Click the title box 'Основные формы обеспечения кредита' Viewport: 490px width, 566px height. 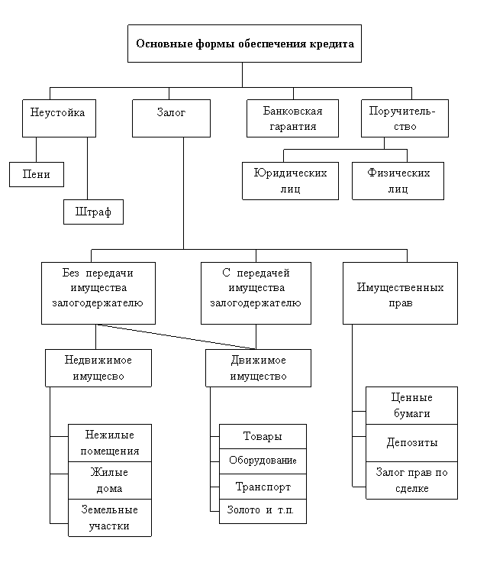tap(244, 44)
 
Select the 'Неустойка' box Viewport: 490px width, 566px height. tap(59, 118)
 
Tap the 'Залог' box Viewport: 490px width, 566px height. tap(171, 118)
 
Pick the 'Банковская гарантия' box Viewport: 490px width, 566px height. tap(292, 118)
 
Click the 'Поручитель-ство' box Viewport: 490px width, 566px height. tap(404, 118)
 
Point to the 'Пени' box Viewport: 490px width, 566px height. tap(37, 175)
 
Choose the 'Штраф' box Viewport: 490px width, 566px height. tap(93, 212)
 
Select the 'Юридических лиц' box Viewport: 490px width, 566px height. tap(290, 181)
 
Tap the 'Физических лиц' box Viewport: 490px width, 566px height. tap(398, 181)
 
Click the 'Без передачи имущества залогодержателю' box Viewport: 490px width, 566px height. tap(98, 293)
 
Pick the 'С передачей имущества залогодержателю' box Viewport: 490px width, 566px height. tap(256, 293)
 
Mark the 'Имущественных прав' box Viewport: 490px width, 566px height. tap(400, 293)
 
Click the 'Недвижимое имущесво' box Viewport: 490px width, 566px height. tap(98, 368)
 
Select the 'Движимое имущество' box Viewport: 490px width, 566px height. tap(258, 368)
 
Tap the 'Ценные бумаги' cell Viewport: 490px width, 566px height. tap(411, 406)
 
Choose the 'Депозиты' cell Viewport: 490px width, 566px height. tap(411, 443)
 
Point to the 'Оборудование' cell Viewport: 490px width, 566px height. tap(263, 461)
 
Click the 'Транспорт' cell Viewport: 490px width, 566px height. tap(263, 487)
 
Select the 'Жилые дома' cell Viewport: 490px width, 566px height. tap(110, 480)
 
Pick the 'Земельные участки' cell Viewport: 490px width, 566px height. tap(110, 518)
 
